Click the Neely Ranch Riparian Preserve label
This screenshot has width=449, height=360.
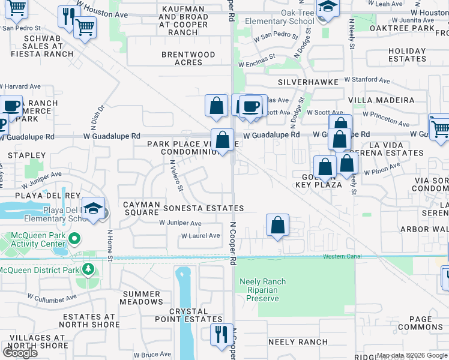tap(262, 290)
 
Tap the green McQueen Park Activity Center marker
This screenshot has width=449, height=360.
tap(74, 239)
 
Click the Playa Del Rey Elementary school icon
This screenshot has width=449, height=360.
tap(93, 208)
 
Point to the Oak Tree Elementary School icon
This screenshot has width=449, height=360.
tap(327, 7)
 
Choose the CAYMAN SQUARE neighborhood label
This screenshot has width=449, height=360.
tap(140, 208)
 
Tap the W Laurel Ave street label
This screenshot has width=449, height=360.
tap(201, 236)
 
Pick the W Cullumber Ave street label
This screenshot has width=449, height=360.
tap(52, 296)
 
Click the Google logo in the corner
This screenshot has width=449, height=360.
tap(19, 353)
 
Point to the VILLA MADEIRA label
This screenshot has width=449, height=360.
tap(389, 100)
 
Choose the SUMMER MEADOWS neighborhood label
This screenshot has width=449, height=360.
tap(142, 298)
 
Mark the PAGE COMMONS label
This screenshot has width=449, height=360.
tap(420, 323)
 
